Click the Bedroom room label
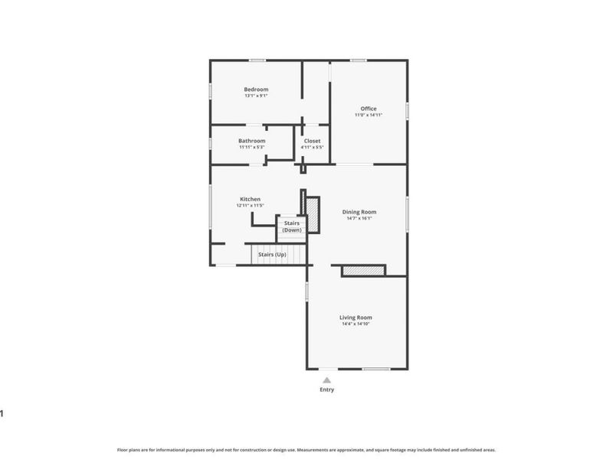pos(256,90)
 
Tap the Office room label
pos(368,109)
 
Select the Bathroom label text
pos(251,141)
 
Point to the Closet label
pos(312,141)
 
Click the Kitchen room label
pos(250,199)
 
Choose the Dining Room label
pos(359,212)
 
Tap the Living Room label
pos(356,317)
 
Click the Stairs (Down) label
pos(291,226)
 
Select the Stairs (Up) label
pos(271,254)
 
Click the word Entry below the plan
pos(326,389)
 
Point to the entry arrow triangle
pos(326,379)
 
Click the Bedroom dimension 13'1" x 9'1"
pos(256,96)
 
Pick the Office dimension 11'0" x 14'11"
pos(368,116)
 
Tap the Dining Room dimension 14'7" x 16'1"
pos(359,219)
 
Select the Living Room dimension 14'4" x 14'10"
pos(356,324)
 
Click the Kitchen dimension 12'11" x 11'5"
pos(250,206)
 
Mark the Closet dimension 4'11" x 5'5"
pos(312,148)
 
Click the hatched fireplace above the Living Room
pos(362,270)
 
